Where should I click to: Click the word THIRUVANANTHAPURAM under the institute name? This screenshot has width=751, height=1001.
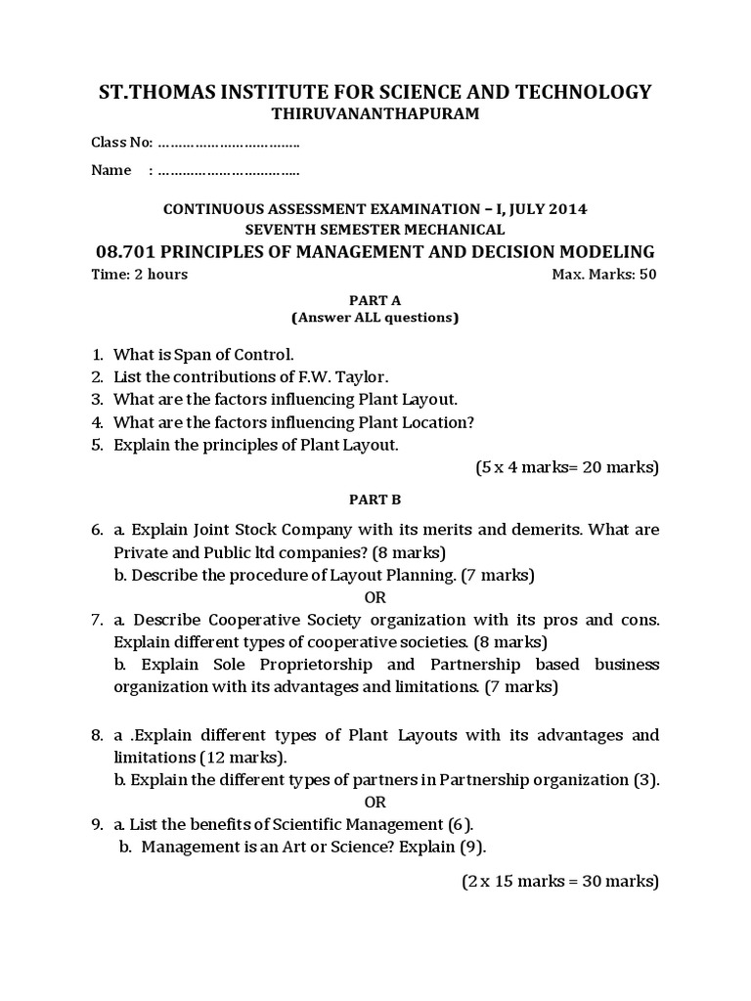tap(375, 114)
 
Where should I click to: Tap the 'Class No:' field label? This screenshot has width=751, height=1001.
tap(121, 143)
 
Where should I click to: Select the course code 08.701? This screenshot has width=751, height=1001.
tap(117, 251)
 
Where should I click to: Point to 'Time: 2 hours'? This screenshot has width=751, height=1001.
tap(139, 275)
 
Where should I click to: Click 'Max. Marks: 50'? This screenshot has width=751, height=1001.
tap(604, 275)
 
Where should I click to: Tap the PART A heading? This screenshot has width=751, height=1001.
tap(375, 300)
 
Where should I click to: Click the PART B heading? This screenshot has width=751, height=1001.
tap(375, 499)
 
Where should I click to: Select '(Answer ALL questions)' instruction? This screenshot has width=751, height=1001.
tap(375, 318)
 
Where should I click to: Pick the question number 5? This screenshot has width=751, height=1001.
tap(97, 445)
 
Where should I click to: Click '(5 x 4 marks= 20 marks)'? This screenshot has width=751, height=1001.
tap(567, 468)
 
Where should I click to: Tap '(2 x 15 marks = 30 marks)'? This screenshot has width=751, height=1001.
tap(560, 882)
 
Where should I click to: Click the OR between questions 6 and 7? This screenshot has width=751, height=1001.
tap(375, 597)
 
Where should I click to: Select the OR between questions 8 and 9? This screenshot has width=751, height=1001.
tap(375, 802)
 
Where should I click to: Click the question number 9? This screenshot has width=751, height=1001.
tap(97, 824)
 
